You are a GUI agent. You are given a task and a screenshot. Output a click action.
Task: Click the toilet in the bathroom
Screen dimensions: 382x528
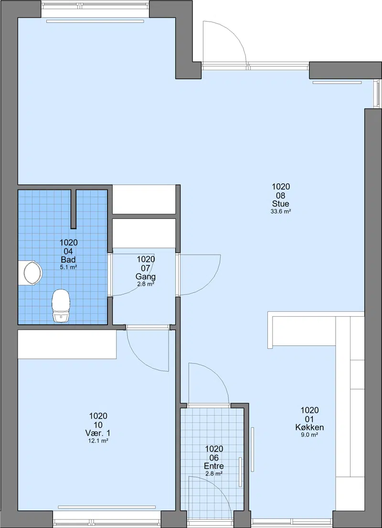pos(61,306)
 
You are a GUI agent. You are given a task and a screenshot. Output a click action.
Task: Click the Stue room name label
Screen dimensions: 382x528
pos(281,204)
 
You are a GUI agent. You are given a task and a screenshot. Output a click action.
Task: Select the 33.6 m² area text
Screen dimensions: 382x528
pos(281,212)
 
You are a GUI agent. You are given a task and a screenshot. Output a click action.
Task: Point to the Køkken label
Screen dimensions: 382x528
pos(309,427)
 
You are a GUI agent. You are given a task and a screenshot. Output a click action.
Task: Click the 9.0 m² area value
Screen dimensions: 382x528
pos(309,435)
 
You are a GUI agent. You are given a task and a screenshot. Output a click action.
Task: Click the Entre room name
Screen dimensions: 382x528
pos(214,466)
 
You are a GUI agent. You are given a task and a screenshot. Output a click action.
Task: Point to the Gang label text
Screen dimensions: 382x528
pos(145,277)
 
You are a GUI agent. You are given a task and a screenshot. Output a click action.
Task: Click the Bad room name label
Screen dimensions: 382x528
pos(68,259)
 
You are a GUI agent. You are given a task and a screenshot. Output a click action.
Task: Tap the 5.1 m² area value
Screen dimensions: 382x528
pos(68,268)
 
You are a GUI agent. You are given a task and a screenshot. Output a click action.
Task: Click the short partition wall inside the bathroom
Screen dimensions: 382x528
pos(74,209)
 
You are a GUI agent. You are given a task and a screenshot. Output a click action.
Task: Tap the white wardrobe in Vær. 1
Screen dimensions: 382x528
pos(67,345)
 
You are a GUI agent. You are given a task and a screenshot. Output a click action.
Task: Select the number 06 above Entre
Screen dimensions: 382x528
pos(214,458)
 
